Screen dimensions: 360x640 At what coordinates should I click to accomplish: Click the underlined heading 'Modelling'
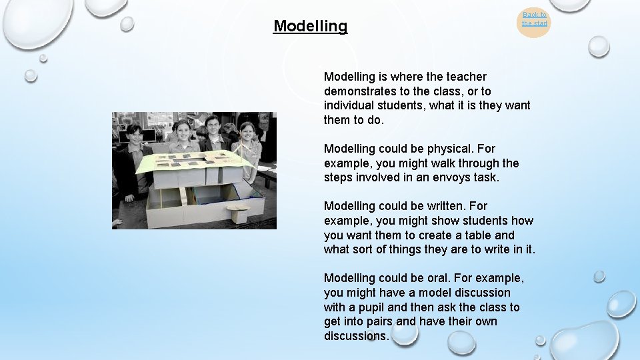pyautogui.click(x=310, y=26)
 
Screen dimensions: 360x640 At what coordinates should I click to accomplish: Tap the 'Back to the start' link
pyautogui.click(x=534, y=19)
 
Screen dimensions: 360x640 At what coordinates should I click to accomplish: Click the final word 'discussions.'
pyautogui.click(x=356, y=336)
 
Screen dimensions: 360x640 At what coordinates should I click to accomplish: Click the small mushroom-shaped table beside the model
pyautogui.click(x=237, y=212)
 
